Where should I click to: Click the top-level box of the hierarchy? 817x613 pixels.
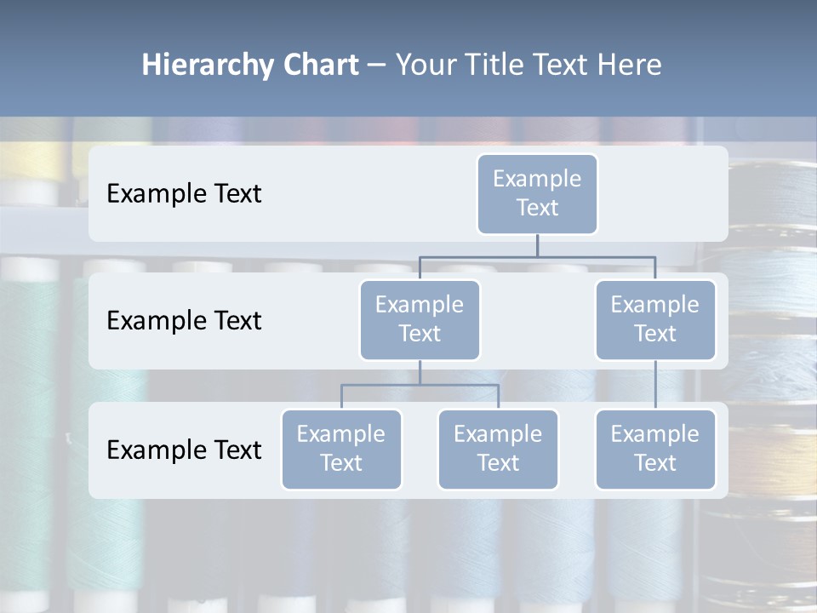[x=537, y=193]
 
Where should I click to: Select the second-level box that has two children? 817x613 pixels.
[x=420, y=319]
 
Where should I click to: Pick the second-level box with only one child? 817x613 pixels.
[x=655, y=319]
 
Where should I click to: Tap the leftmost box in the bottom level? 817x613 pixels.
[x=341, y=449]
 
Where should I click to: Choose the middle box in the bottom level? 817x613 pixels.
[x=498, y=449]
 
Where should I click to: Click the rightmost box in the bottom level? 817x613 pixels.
[x=655, y=449]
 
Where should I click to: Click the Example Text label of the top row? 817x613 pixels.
[x=184, y=193]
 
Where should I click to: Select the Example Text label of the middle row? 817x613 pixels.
[x=184, y=320]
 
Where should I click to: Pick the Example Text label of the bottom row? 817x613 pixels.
[x=184, y=450]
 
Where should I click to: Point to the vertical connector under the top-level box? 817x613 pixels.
[x=537, y=245]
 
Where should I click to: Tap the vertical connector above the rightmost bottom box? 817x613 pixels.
[x=655, y=385]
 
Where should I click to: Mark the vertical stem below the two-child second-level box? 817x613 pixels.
[x=420, y=372]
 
